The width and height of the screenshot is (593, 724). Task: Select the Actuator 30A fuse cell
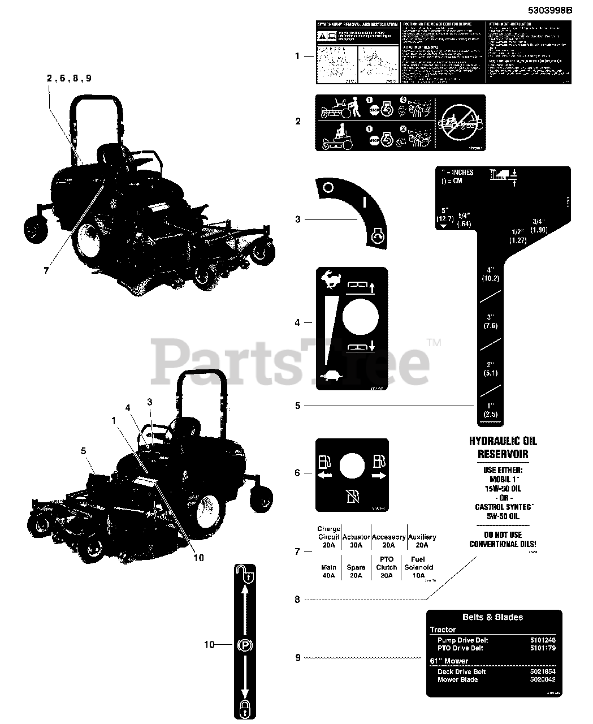pos(356,541)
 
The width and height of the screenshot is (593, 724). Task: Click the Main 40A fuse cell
pos(328,571)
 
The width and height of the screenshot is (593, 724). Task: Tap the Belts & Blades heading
pos(493,617)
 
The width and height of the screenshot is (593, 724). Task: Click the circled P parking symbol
pos(245,645)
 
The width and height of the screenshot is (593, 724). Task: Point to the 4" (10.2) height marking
pos(490,274)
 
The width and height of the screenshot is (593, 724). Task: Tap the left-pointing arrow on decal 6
pos(326,476)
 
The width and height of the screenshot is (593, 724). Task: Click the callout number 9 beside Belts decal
pos(298,658)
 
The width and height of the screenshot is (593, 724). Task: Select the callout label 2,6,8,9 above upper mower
pos(69,78)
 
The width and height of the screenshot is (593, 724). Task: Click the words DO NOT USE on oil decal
pos(503,535)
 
